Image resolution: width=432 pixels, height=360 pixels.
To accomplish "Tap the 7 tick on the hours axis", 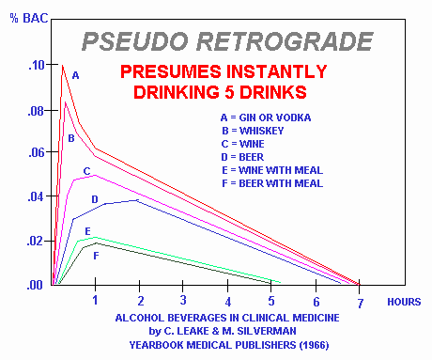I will click(359, 300).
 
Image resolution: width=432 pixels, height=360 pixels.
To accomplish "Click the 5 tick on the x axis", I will click(270, 300).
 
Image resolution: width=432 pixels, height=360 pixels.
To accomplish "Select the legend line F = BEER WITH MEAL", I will click(271, 183).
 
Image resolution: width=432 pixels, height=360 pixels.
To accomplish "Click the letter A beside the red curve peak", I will click(76, 74).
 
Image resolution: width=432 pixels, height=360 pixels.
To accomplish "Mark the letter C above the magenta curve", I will click(86, 171).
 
